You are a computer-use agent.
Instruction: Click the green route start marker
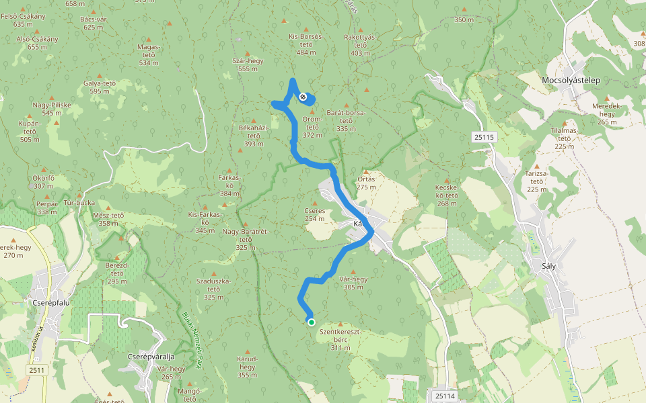pos(312,322)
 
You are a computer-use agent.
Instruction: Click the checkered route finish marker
pos(303,97)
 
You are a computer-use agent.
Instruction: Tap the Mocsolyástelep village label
pos(575,80)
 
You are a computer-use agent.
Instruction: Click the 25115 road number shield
pos(484,137)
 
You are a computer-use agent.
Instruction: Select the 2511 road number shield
pos(37,370)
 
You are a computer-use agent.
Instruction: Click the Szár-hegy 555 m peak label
pos(248,64)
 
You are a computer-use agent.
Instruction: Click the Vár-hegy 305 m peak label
pos(353,283)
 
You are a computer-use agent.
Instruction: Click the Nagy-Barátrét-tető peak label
pos(246,239)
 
